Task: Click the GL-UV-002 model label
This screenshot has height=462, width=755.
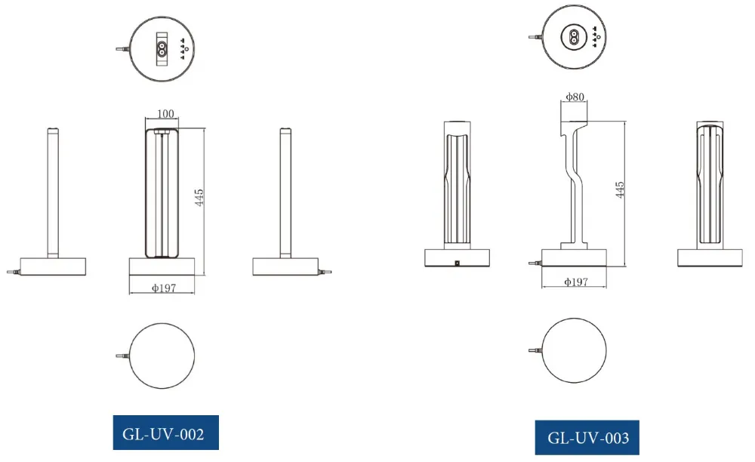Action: (x=165, y=434)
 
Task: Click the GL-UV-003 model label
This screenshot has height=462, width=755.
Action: (x=587, y=438)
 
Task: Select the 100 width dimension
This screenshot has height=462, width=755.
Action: (x=165, y=114)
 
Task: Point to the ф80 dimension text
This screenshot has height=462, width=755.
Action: (x=575, y=97)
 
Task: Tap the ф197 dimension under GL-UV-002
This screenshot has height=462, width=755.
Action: (x=162, y=288)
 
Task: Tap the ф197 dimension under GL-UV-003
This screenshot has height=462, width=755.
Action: (x=576, y=282)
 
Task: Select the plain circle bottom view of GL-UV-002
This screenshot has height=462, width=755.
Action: (x=162, y=356)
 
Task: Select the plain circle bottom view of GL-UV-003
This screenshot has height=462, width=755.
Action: (x=575, y=350)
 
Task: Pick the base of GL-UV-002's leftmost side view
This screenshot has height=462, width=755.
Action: (x=53, y=266)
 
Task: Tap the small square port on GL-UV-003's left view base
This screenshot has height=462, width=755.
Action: (x=458, y=263)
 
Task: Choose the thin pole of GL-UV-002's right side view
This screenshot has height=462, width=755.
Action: (x=285, y=192)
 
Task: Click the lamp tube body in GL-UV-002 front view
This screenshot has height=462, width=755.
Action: (x=162, y=192)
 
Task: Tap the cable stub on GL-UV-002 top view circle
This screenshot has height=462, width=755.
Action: (x=122, y=49)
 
